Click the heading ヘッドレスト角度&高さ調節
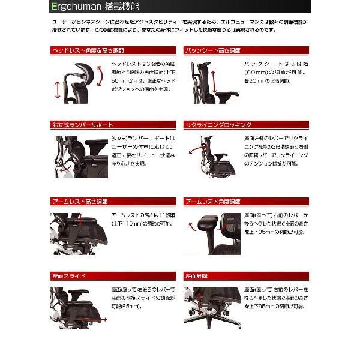(85, 50)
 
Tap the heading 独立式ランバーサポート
(82, 125)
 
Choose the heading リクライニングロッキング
(218, 125)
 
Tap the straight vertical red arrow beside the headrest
(58, 91)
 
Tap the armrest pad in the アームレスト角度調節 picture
(205, 223)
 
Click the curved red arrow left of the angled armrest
(191, 227)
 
